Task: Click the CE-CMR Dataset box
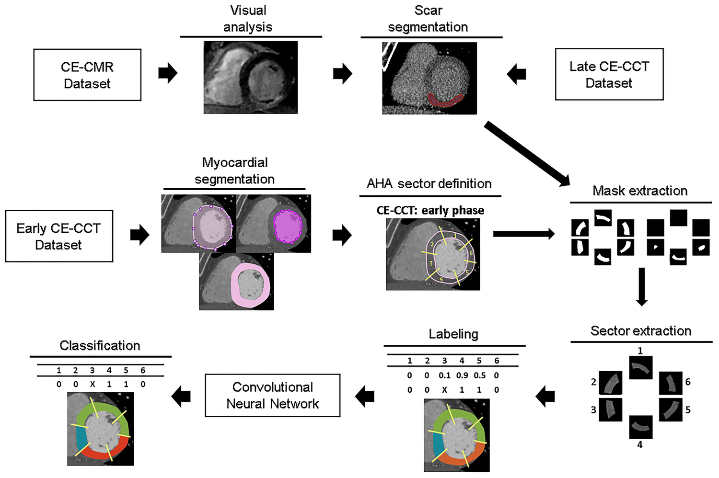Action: tap(87, 75)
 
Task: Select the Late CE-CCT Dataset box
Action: tap(609, 74)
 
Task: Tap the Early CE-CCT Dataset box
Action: tap(59, 236)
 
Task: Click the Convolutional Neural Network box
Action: tap(272, 395)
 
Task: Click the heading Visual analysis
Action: tap(248, 19)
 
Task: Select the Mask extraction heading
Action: tap(640, 191)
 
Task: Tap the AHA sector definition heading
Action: tap(429, 183)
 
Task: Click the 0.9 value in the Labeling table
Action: tap(462, 376)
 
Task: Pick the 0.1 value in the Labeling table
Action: tap(444, 376)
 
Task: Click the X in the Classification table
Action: tap(93, 384)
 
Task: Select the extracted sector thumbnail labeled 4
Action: tap(640, 427)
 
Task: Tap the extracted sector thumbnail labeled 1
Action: tap(640, 368)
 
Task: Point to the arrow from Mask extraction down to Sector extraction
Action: tap(641, 286)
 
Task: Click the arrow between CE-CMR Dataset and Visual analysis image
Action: tap(168, 73)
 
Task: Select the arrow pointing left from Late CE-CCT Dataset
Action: tap(516, 74)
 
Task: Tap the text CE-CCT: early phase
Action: tap(430, 210)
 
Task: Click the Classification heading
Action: tap(100, 345)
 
